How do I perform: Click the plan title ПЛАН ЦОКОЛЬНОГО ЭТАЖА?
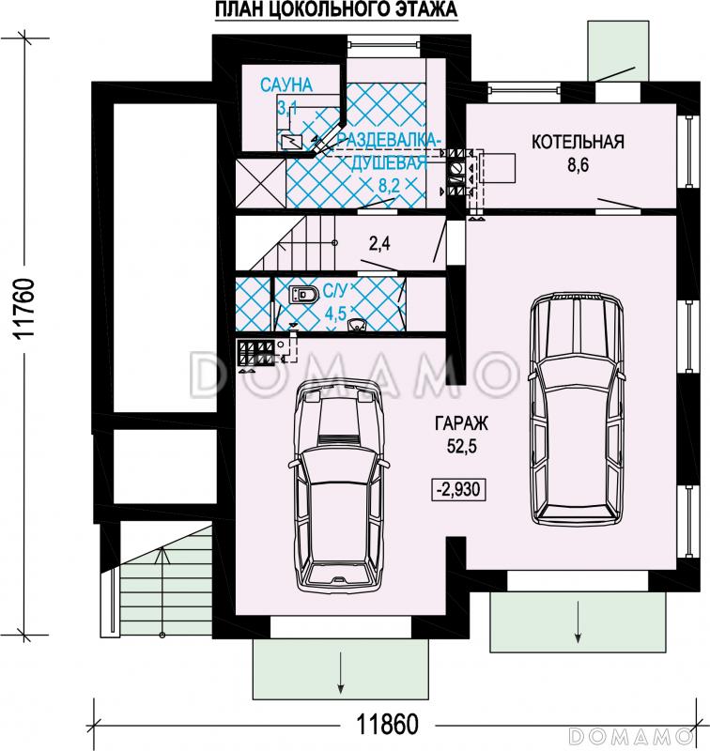336,10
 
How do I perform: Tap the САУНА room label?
286,84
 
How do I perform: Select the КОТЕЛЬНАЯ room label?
578,142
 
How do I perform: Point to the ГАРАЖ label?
461,423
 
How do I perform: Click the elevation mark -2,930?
459,489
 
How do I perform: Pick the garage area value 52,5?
462,447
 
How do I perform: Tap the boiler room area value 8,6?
579,165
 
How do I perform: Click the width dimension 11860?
389,724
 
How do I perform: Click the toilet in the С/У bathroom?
303,294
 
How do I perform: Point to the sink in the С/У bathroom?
358,325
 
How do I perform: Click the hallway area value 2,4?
379,244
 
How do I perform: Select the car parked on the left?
338,486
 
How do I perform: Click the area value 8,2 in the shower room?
389,185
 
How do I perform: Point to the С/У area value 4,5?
335,314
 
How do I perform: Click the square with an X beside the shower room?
261,183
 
